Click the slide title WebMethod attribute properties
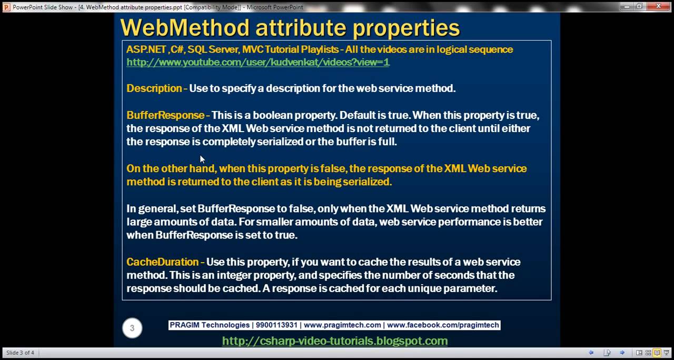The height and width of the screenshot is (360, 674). (290, 27)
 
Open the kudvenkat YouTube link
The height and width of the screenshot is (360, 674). (257, 62)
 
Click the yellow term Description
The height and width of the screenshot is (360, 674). (154, 88)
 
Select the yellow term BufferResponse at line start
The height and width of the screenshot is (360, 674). (165, 115)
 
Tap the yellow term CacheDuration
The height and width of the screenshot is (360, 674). (162, 262)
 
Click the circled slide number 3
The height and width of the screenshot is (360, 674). (132, 328)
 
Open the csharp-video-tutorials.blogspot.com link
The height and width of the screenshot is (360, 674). (335, 341)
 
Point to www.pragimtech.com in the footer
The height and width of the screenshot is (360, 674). (342, 325)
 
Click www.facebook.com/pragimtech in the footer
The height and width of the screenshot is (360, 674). (443, 325)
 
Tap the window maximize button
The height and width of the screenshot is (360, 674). (639, 6)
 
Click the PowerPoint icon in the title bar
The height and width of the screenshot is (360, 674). (6, 7)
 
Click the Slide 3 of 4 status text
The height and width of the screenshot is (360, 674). (20, 353)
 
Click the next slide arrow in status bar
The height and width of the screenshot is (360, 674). (622, 353)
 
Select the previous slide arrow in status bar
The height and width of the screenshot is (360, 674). (591, 353)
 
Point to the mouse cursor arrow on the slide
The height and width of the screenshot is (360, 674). (202, 159)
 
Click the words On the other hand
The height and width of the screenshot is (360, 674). (171, 168)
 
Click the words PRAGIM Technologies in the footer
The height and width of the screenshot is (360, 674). (210, 325)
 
